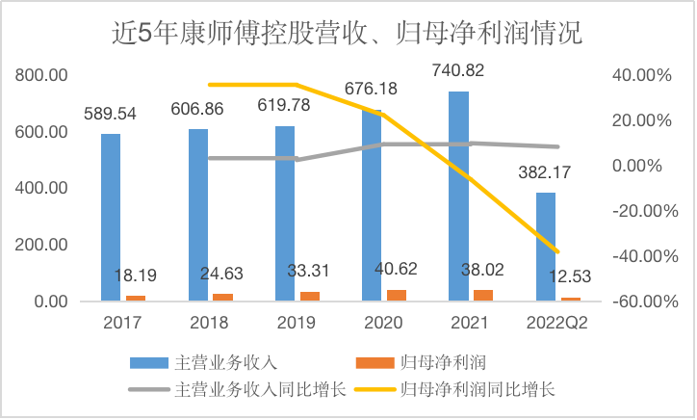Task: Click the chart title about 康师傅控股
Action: (x=348, y=34)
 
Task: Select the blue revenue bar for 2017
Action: (x=111, y=217)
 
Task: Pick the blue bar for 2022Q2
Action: (x=546, y=247)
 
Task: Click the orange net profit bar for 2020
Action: (x=398, y=295)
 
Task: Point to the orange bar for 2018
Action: (x=223, y=297)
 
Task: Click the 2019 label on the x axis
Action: (x=296, y=322)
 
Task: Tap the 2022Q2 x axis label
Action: (x=557, y=322)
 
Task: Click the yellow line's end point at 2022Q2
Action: (x=557, y=252)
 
